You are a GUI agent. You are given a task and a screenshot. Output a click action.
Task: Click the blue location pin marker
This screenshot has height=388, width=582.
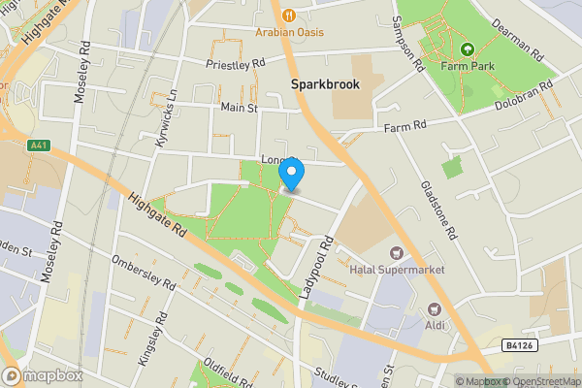click(292, 174)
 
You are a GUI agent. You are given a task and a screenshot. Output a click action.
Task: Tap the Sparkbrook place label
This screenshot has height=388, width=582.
click(325, 84)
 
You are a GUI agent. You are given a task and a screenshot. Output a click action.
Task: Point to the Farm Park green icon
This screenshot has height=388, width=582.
click(467, 48)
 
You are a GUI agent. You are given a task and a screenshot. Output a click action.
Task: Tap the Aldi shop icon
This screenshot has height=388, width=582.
click(435, 309)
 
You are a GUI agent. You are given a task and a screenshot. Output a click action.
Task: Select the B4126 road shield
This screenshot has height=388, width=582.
click(519, 344)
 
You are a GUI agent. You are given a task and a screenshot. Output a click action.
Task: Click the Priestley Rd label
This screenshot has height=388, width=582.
click(236, 64)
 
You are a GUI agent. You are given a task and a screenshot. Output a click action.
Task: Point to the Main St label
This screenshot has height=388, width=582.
click(238, 108)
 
